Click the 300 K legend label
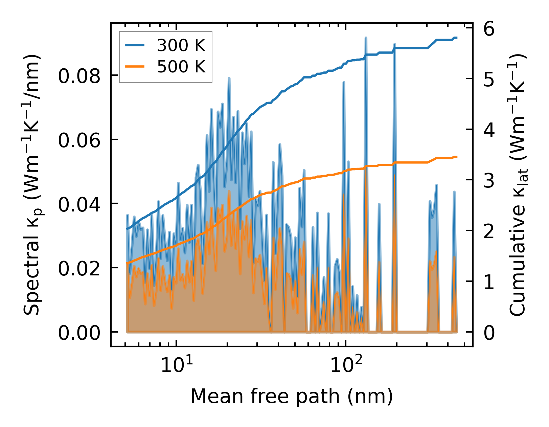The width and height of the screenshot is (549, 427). point(181,45)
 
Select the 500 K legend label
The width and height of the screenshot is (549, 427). point(181,67)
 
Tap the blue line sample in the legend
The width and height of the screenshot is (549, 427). point(135,45)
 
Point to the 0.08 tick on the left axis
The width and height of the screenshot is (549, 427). point(79,76)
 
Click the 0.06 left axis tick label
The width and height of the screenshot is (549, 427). point(79,140)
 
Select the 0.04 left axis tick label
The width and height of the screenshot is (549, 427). point(79,204)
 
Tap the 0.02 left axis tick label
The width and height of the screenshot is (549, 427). point(79,268)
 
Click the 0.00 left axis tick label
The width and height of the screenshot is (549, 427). point(79,333)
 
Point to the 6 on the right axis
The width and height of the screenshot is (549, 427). point(489,29)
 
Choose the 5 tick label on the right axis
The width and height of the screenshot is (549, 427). point(489,80)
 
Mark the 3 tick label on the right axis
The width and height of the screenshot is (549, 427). point(489,181)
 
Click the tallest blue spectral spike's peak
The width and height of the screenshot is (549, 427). point(366,38)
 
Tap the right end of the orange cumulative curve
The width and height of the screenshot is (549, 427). point(457,157)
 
